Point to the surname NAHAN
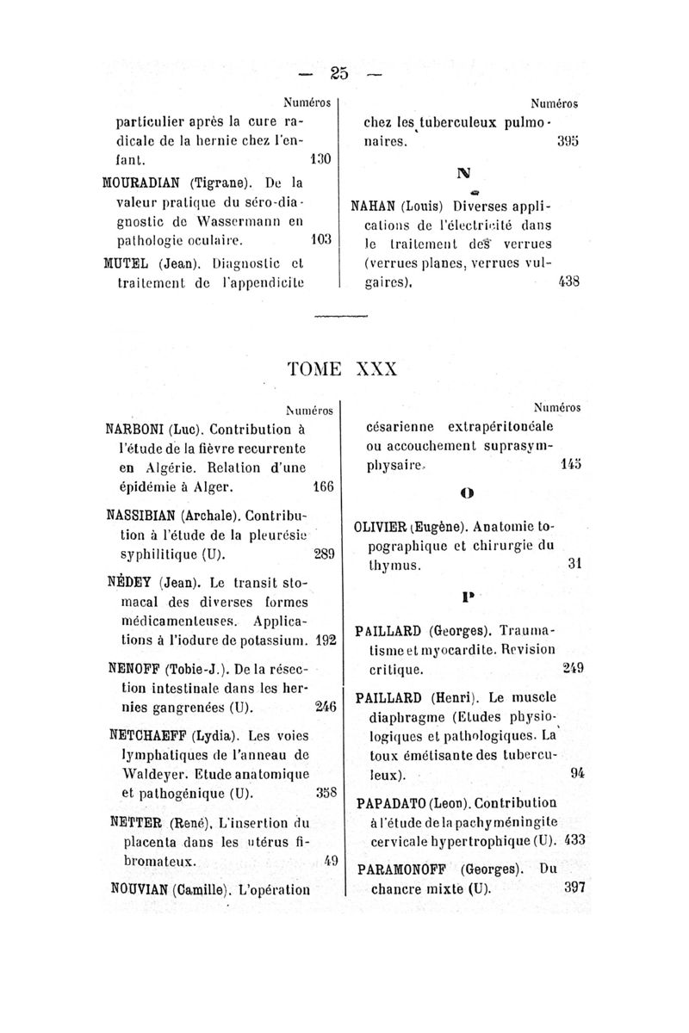pos(377,207)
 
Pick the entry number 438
pos(568,281)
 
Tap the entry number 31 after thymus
pos(576,565)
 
